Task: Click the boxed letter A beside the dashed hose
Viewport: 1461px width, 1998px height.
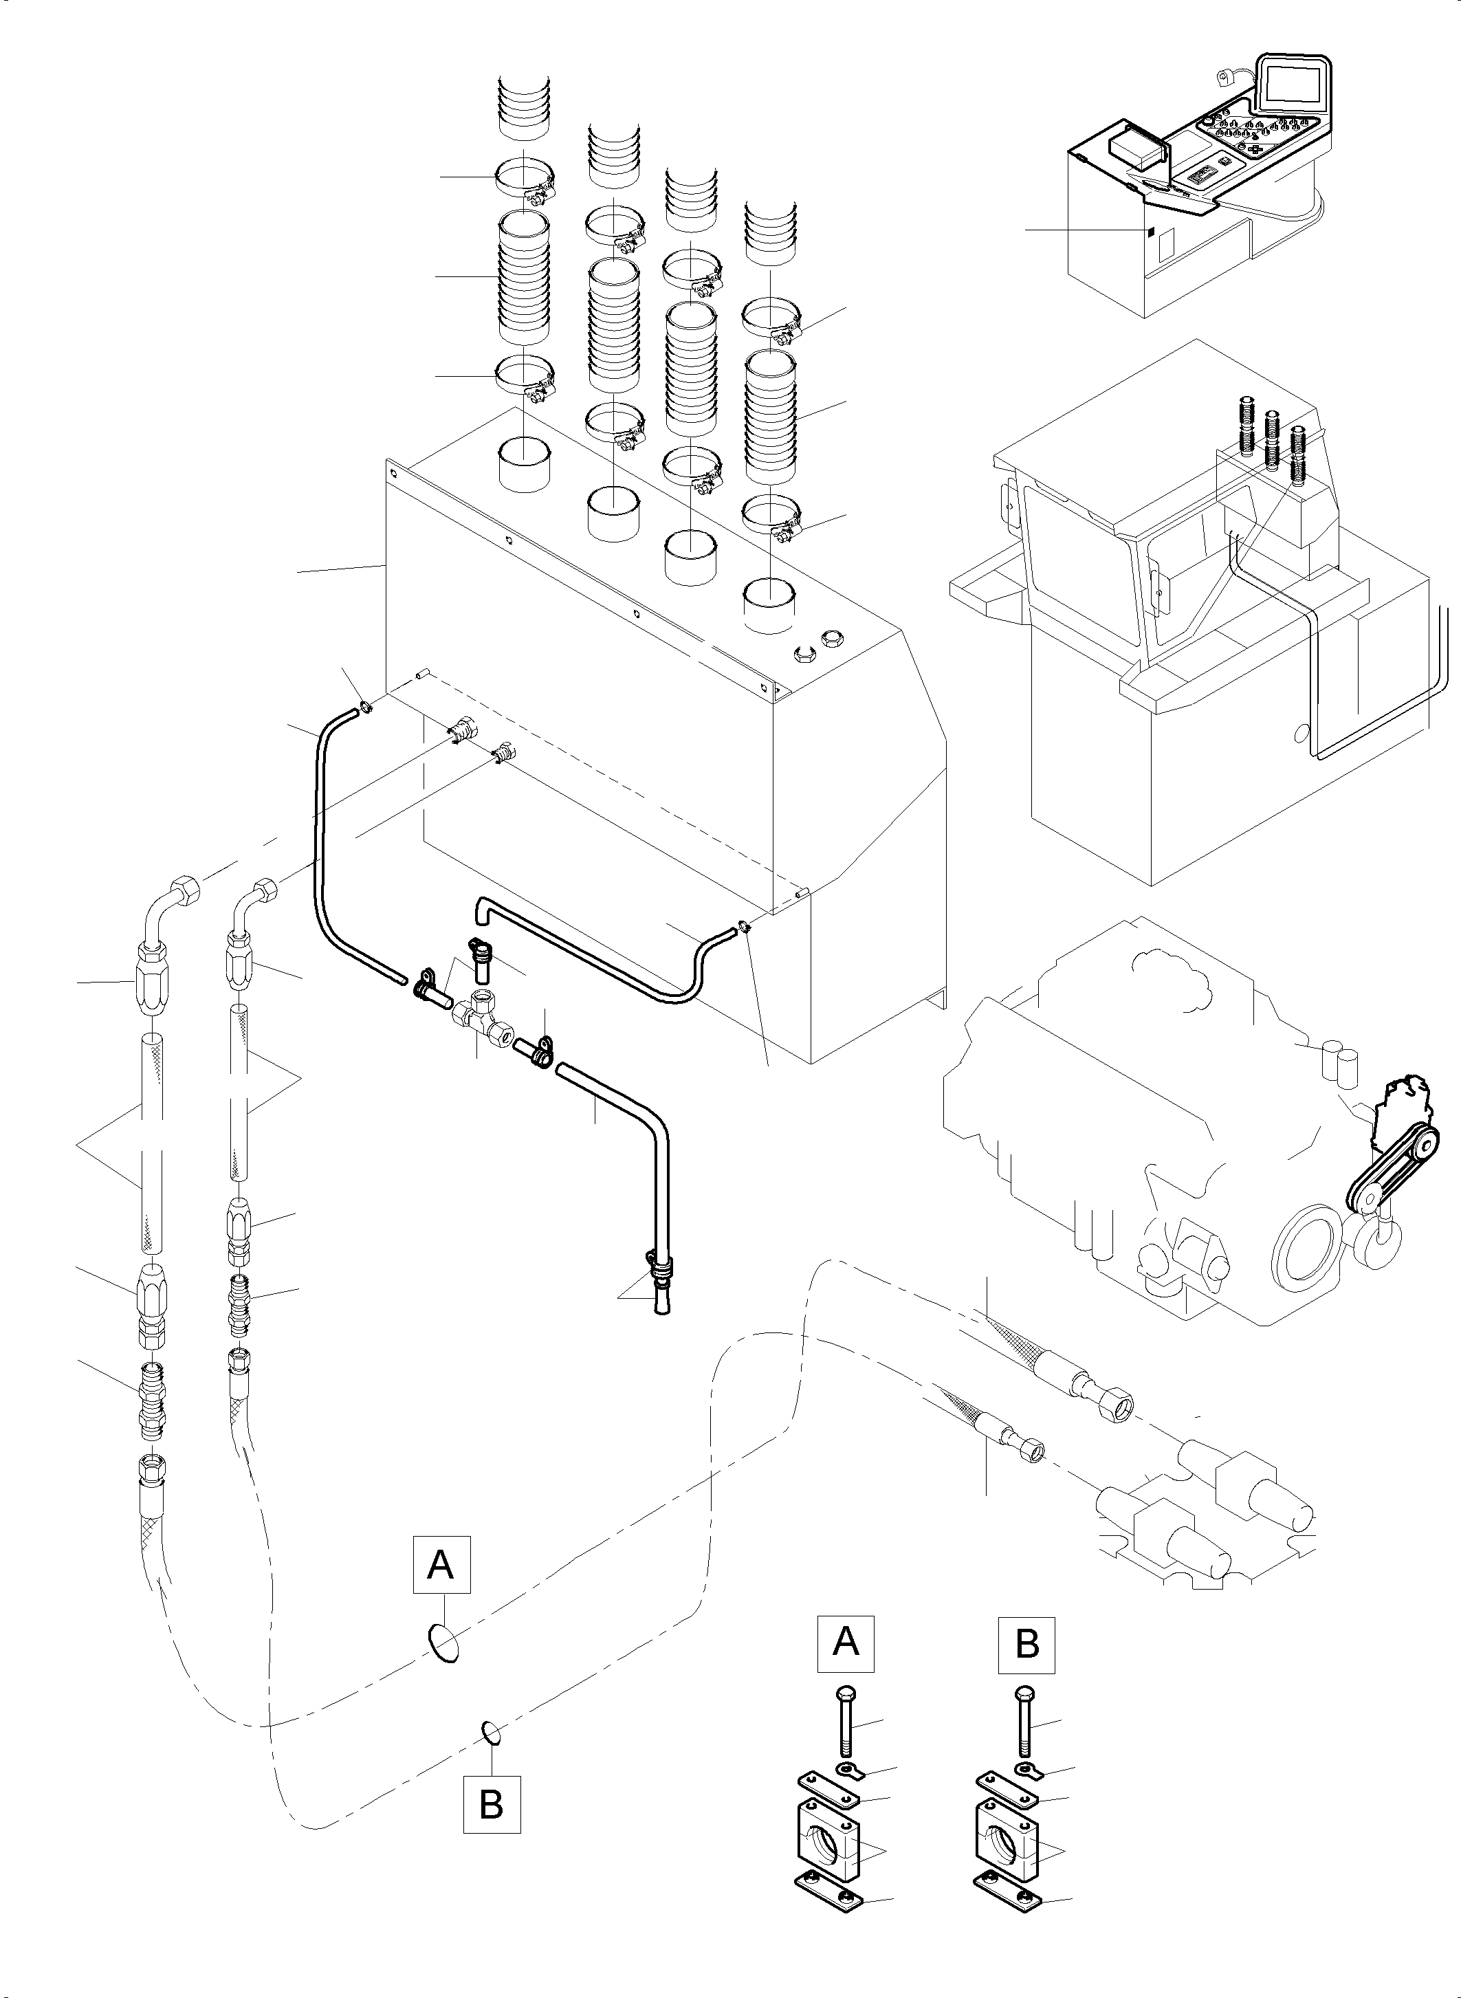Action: pyautogui.click(x=441, y=1565)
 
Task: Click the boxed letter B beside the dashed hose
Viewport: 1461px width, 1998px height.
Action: pyautogui.click(x=491, y=1803)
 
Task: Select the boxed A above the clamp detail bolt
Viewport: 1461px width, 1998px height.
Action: pyautogui.click(x=846, y=1643)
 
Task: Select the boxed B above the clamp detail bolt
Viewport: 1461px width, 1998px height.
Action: pyautogui.click(x=1026, y=1643)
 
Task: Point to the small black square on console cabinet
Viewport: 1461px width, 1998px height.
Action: pyautogui.click(x=1151, y=232)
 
